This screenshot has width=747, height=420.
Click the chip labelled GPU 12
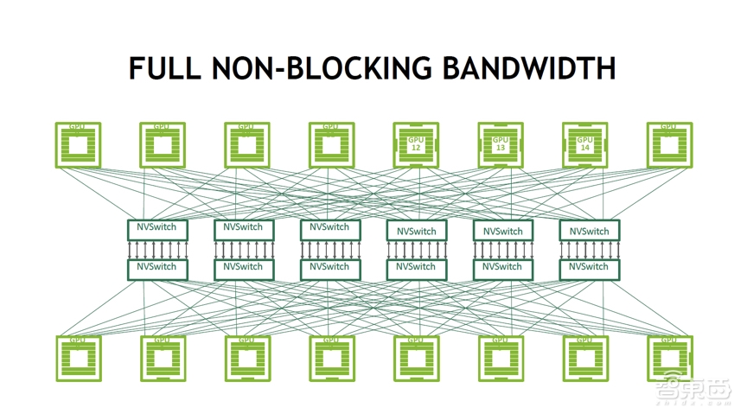click(x=416, y=144)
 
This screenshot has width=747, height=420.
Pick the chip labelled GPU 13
click(x=501, y=144)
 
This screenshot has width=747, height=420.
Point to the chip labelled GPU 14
click(x=585, y=144)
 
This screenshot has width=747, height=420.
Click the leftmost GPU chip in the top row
click(x=78, y=144)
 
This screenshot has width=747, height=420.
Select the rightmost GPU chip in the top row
click(x=669, y=144)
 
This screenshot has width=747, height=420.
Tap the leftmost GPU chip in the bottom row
click(x=78, y=358)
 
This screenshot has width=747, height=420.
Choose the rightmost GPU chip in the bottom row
click(x=669, y=358)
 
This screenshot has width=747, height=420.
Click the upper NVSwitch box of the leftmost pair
click(x=157, y=229)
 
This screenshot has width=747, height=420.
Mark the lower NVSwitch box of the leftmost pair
click(x=157, y=269)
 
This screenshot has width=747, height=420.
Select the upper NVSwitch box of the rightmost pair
click(x=589, y=231)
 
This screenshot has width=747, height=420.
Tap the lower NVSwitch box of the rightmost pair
click(x=589, y=269)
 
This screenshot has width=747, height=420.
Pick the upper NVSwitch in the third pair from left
click(x=329, y=229)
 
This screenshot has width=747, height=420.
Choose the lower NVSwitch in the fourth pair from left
click(x=416, y=269)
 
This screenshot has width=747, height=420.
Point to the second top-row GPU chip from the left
click(x=163, y=144)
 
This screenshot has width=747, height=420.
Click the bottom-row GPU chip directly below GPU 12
click(x=416, y=358)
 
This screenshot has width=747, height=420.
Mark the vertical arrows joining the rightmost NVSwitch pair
click(x=589, y=250)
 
